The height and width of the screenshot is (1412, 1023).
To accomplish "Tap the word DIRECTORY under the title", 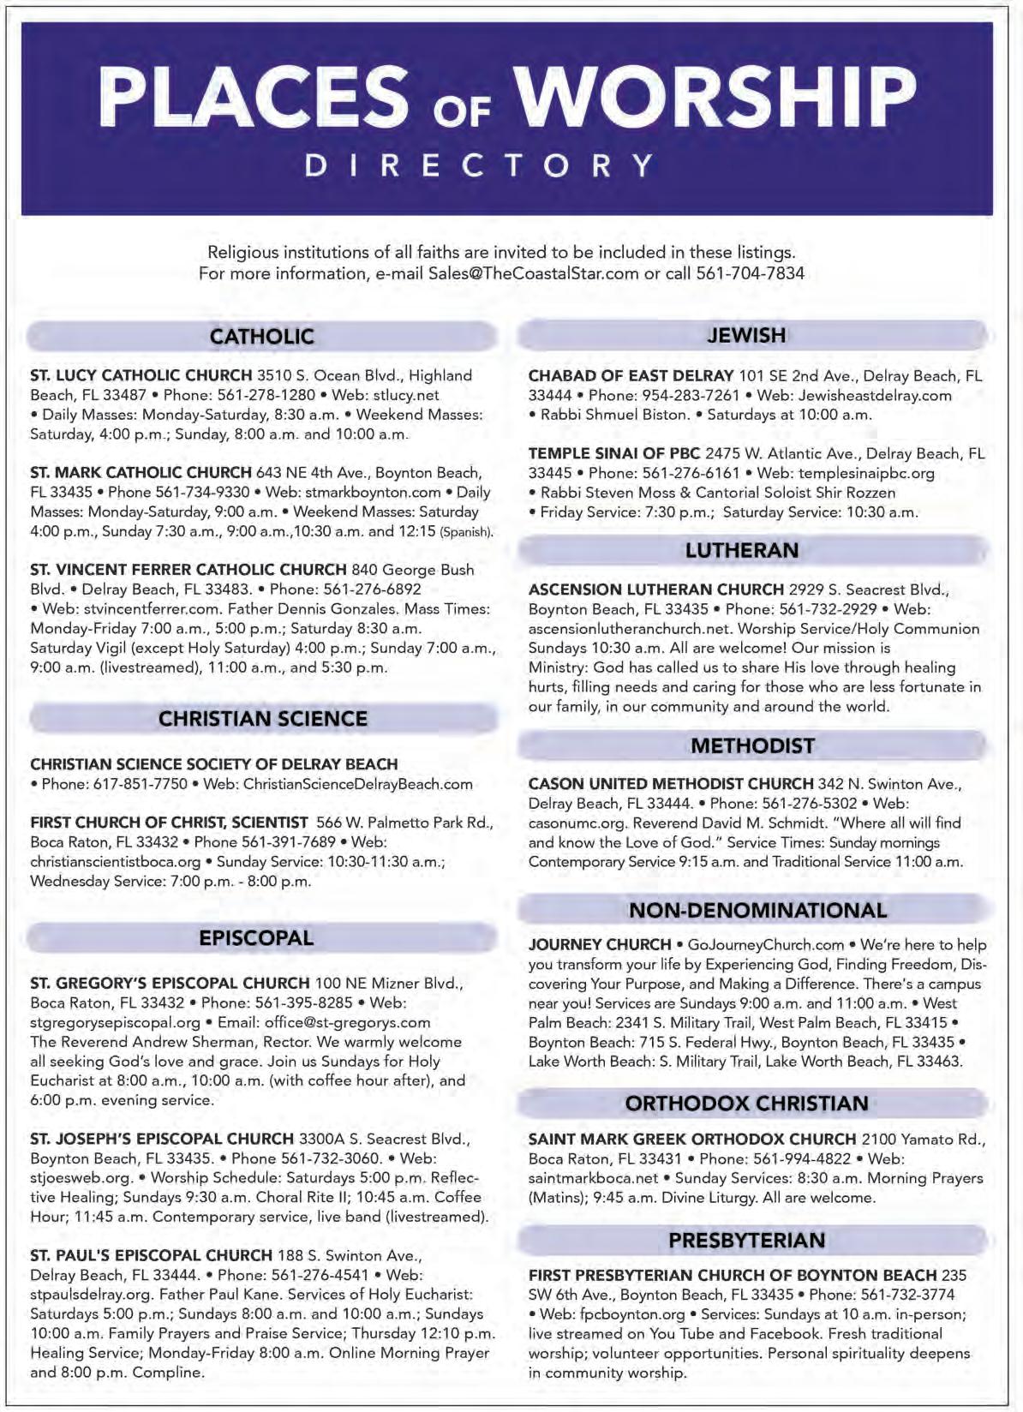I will click(x=480, y=165).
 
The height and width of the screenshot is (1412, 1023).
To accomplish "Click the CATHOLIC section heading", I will click(x=262, y=337).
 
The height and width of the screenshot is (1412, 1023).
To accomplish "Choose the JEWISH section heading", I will click(x=746, y=335).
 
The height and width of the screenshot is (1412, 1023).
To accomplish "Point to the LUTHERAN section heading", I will click(x=742, y=550).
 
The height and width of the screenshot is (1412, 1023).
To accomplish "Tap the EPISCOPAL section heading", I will click(x=256, y=938).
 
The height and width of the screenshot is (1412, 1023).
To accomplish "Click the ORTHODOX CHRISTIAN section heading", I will click(x=746, y=1104).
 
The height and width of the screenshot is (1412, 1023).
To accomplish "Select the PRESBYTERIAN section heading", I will click(x=746, y=1240).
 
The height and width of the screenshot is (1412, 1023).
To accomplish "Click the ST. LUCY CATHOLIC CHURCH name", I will click(x=141, y=375).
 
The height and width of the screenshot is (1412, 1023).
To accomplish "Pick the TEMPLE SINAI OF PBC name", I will click(x=614, y=453).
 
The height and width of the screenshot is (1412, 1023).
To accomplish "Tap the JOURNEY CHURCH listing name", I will click(x=600, y=944).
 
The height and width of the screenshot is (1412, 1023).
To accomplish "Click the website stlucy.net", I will click(x=407, y=395).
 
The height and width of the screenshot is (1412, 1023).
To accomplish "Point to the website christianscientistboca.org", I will click(x=115, y=861).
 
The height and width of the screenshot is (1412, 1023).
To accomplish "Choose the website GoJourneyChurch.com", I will click(x=766, y=944).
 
